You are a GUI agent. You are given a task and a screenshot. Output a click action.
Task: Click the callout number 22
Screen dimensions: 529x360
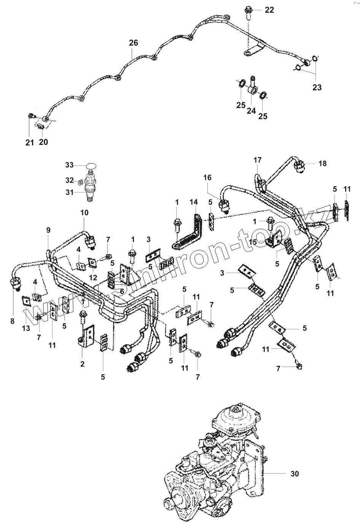pyautogui.click(x=269, y=10)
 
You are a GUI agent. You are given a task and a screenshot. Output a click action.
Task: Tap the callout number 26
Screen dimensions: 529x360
pyautogui.click(x=133, y=43)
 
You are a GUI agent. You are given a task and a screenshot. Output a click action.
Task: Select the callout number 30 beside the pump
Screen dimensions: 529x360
pyautogui.click(x=295, y=473)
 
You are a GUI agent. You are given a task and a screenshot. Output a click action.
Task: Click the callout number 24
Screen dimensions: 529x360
pyautogui.click(x=251, y=111)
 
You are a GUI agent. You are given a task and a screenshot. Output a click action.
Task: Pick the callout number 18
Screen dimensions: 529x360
pyautogui.click(x=322, y=164)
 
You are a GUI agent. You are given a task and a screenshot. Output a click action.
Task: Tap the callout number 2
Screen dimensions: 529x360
pyautogui.click(x=82, y=364)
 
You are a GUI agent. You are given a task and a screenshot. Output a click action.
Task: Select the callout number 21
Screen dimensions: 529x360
pyautogui.click(x=30, y=142)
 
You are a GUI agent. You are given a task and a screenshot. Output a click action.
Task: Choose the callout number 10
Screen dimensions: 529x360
pyautogui.click(x=84, y=212)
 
